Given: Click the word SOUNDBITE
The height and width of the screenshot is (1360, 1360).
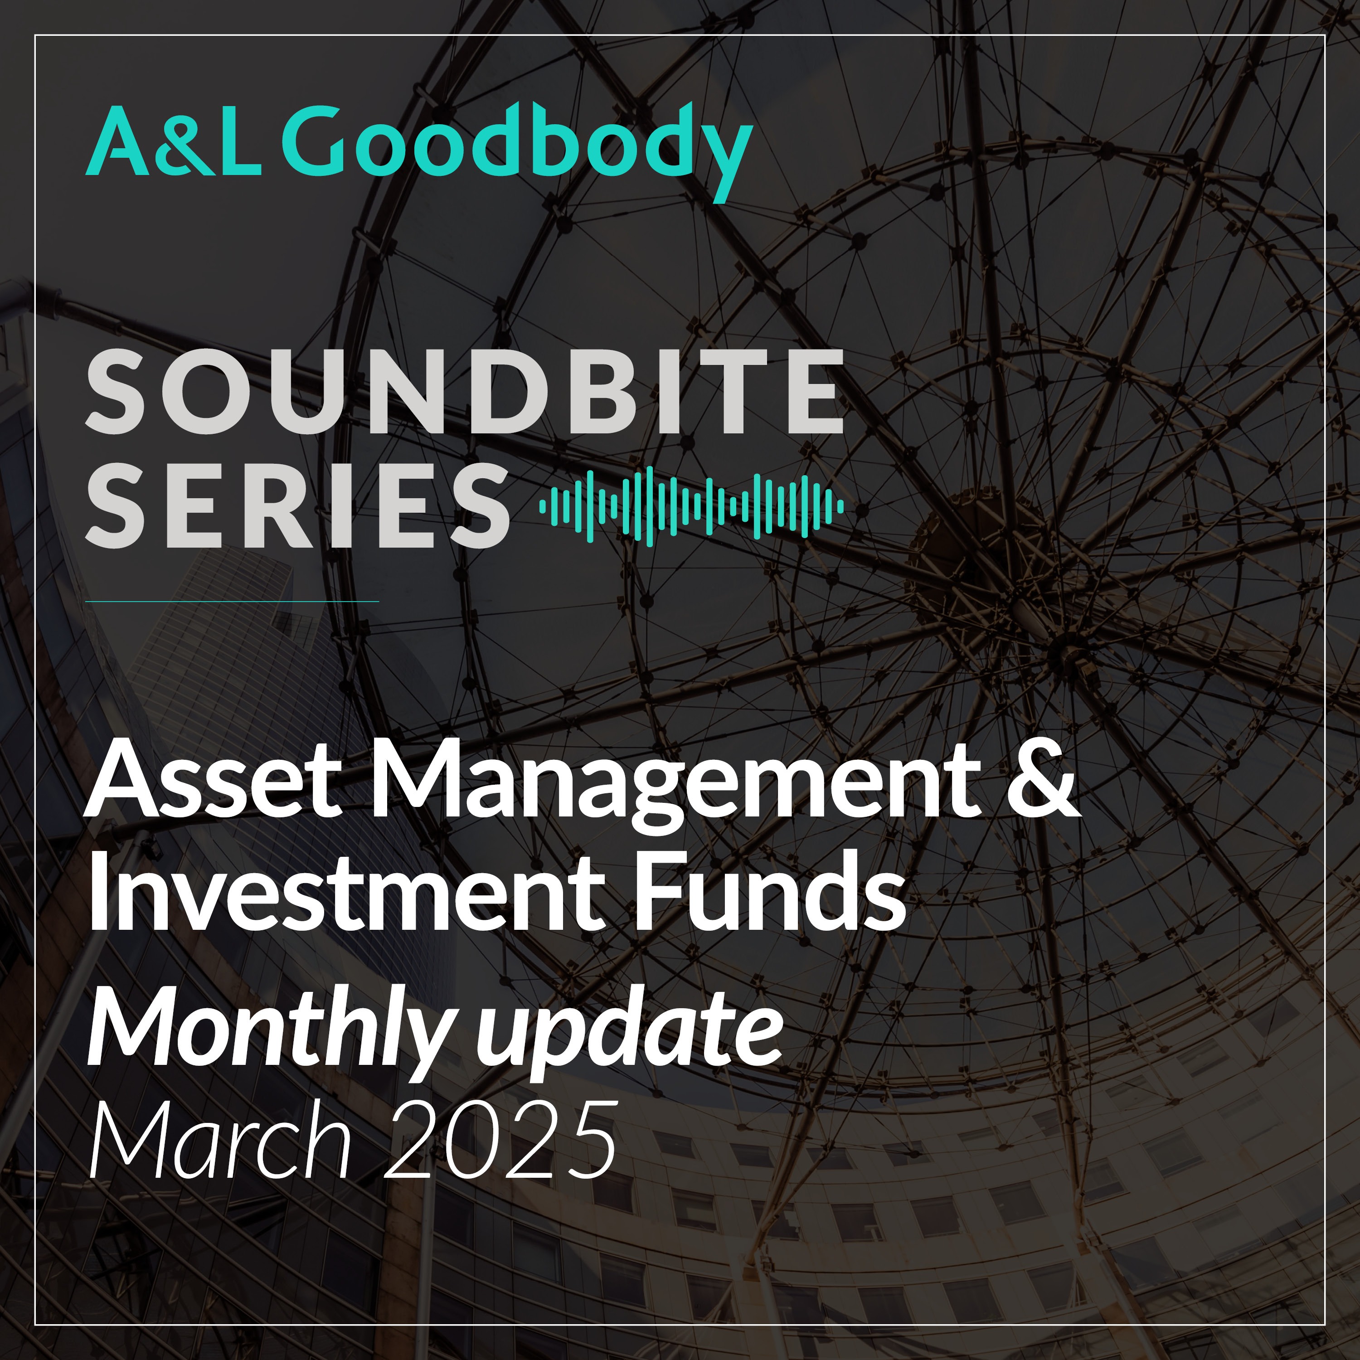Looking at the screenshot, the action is point(465,392).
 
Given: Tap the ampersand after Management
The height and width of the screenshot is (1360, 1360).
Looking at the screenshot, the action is point(1043,782).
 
